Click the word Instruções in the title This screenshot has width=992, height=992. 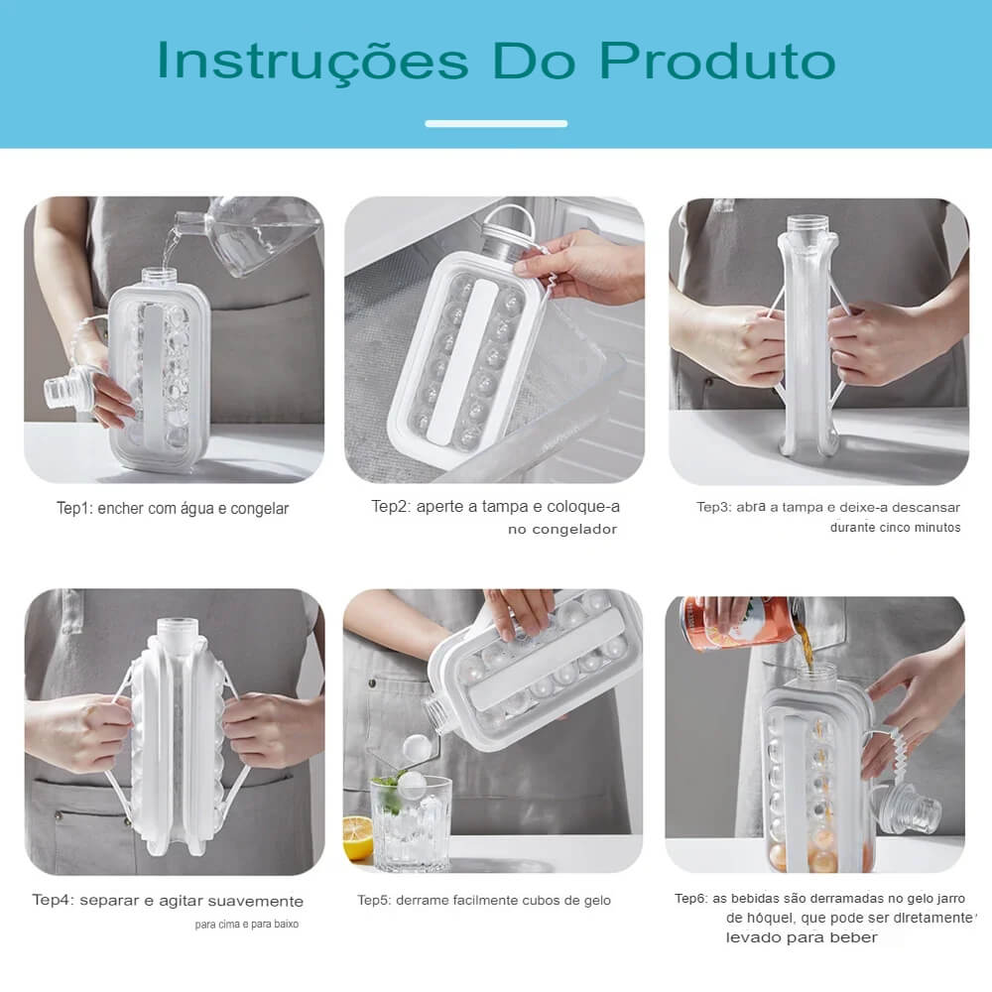point(312,62)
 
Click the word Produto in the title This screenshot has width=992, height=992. point(717,61)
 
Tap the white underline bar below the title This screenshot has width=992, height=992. point(496,123)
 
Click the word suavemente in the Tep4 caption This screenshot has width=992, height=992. point(256,901)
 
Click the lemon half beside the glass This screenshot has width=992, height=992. point(357,837)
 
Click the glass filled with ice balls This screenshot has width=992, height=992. point(412,821)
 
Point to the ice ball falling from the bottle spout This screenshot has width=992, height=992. point(417,748)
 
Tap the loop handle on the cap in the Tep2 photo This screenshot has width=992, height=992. point(510,218)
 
